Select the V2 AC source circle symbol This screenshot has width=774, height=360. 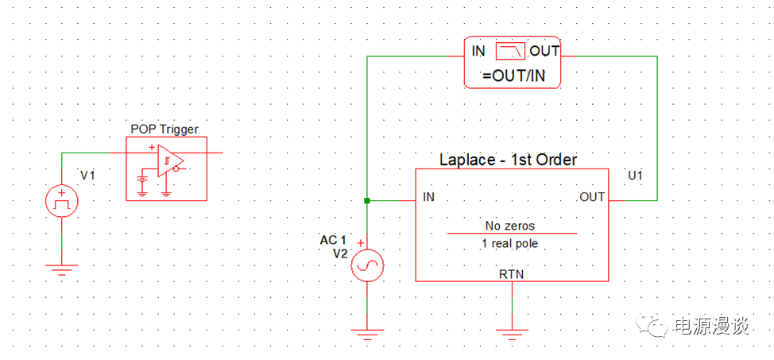tap(366, 266)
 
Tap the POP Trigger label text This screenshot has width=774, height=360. tap(164, 129)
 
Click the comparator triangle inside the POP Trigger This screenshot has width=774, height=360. tap(169, 161)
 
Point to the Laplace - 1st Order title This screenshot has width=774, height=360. tap(508, 160)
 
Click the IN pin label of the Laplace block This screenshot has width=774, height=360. tap(429, 196)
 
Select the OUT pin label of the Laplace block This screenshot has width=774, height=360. tap(592, 196)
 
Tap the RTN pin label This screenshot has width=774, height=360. tap(512, 273)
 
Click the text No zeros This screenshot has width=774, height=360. tap(511, 226)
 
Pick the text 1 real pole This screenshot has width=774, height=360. tap(509, 243)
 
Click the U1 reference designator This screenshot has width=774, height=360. tap(636, 174)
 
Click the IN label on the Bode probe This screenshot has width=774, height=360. tap(478, 52)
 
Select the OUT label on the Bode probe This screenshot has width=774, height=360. tap(544, 52)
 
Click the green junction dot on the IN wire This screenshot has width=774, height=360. tap(366, 200)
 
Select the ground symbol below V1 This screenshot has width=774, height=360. tap(61, 270)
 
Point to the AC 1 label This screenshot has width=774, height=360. tap(333, 240)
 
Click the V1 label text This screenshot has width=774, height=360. tap(87, 175)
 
